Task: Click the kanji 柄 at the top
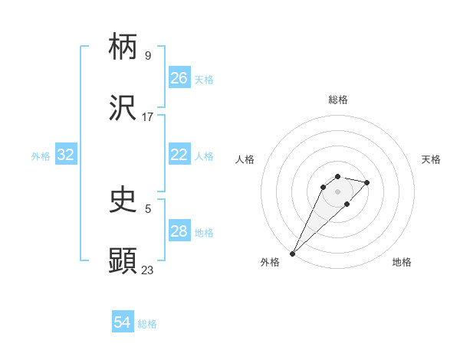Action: tap(123, 47)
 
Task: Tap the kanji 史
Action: tap(123, 201)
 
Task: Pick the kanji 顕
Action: tap(123, 260)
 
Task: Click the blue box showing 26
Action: tap(179, 78)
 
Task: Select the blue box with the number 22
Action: tap(179, 155)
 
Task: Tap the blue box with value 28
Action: tap(179, 231)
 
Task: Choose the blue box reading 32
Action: tap(66, 155)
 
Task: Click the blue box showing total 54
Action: tap(123, 322)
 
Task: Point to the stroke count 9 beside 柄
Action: tap(147, 55)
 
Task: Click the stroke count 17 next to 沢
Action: tap(147, 117)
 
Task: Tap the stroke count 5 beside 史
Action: tap(147, 208)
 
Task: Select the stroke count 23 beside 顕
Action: tap(147, 270)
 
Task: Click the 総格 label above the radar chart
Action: tap(337, 100)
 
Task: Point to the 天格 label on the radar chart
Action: tap(431, 159)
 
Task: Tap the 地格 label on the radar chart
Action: tap(402, 262)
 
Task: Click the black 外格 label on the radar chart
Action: tap(270, 262)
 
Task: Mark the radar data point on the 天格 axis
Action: tap(367, 182)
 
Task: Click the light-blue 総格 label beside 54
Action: tap(147, 324)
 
